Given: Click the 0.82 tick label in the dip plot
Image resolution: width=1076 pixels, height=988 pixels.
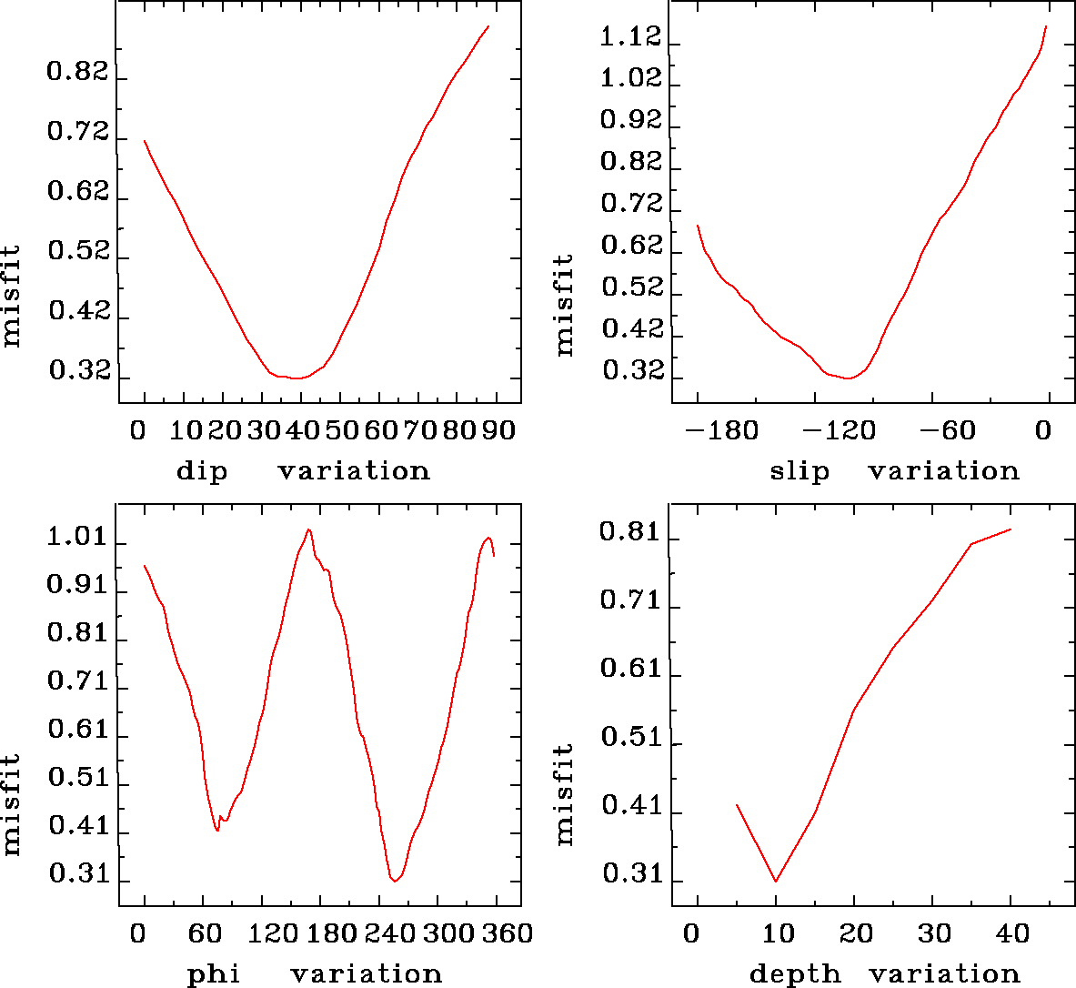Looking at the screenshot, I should click(x=77, y=73).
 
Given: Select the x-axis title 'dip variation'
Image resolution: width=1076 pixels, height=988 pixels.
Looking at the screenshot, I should click(x=303, y=471).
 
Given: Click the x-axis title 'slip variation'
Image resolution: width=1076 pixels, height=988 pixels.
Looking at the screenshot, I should click(x=894, y=471).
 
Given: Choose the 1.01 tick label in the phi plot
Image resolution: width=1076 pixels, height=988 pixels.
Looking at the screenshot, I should click(x=77, y=538).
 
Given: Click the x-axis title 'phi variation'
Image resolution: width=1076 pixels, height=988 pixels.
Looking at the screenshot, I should click(x=314, y=974).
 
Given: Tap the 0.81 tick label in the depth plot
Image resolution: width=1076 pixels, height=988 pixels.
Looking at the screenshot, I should click(x=629, y=532).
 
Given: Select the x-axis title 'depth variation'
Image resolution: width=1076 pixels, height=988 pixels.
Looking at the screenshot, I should click(x=884, y=974).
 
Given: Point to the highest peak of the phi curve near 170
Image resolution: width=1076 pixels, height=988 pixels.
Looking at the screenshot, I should click(x=309, y=529).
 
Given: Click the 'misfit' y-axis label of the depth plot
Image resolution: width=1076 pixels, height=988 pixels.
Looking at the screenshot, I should click(x=565, y=794).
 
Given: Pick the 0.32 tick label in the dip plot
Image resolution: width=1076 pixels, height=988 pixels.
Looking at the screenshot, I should click(x=77, y=372).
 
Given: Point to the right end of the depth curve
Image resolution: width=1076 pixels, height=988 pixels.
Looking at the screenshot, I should click(x=1011, y=529).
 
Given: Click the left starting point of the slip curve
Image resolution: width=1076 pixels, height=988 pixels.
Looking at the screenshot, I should click(x=698, y=225).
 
